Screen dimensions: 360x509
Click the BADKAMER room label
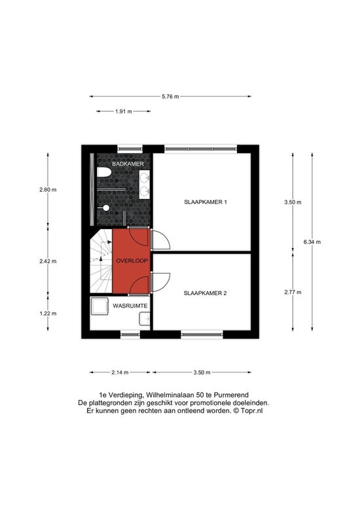pyautogui.click(x=128, y=164)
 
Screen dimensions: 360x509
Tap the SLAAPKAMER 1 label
pyautogui.click(x=206, y=202)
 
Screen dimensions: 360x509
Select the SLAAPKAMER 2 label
pyautogui.click(x=205, y=293)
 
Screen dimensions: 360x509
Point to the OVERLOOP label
pyautogui.click(x=132, y=260)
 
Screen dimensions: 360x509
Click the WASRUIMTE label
pyautogui.click(x=130, y=306)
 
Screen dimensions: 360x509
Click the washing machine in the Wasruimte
pyautogui.click(x=99, y=306)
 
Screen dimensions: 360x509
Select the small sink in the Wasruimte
pyautogui.click(x=144, y=319)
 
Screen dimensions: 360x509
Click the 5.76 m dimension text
pyautogui.click(x=170, y=96)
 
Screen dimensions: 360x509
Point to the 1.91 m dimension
pyautogui.click(x=124, y=111)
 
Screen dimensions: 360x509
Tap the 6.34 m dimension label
pyautogui.click(x=312, y=242)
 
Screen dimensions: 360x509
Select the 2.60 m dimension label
pyautogui.click(x=48, y=190)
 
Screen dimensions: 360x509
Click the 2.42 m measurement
pyautogui.click(x=48, y=261)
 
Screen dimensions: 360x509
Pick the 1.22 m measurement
pyautogui.click(x=48, y=313)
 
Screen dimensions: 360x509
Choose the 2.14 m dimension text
pyautogui.click(x=120, y=372)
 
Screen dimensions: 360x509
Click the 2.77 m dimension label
pyautogui.click(x=293, y=292)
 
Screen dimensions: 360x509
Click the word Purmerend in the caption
pyautogui.click(x=233, y=395)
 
